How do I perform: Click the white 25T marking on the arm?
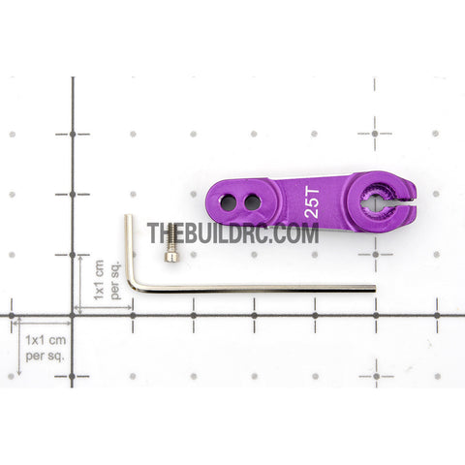pyautogui.click(x=312, y=202)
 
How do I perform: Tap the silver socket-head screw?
pyautogui.click(x=171, y=242)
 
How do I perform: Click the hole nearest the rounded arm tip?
pyautogui.click(x=229, y=202)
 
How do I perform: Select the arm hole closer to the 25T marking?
pyautogui.click(x=253, y=202)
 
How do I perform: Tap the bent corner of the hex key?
pyautogui.click(x=133, y=286)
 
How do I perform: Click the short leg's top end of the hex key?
pyautogui.click(x=128, y=216)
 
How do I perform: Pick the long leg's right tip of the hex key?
pyautogui.click(x=375, y=288)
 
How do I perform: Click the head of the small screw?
pyautogui.click(x=171, y=257)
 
